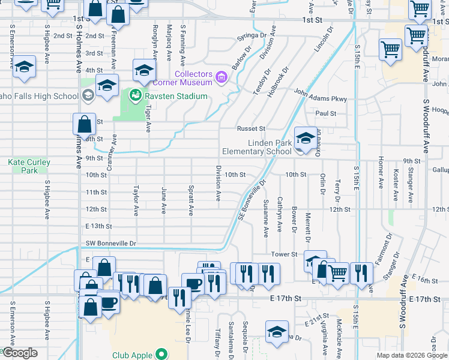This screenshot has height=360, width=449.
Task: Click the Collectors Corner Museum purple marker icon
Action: pos(221,77)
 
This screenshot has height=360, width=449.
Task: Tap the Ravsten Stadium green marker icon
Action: pos(136,96)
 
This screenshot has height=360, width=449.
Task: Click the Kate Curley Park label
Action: pos(29,166)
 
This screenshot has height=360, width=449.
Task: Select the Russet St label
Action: pos(250,128)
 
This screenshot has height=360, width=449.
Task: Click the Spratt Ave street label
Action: pos(191,200)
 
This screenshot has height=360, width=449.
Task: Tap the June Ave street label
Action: pos(163,200)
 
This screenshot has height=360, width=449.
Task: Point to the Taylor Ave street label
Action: pos(136,200)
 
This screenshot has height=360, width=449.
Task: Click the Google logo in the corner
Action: pos(19,353)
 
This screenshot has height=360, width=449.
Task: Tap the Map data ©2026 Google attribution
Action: pos(411,355)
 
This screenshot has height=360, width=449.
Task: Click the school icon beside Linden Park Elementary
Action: pos(306,139)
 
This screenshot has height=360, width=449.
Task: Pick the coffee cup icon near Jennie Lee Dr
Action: pos(193,284)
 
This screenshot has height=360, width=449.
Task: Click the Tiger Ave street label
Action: pos(148,118)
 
